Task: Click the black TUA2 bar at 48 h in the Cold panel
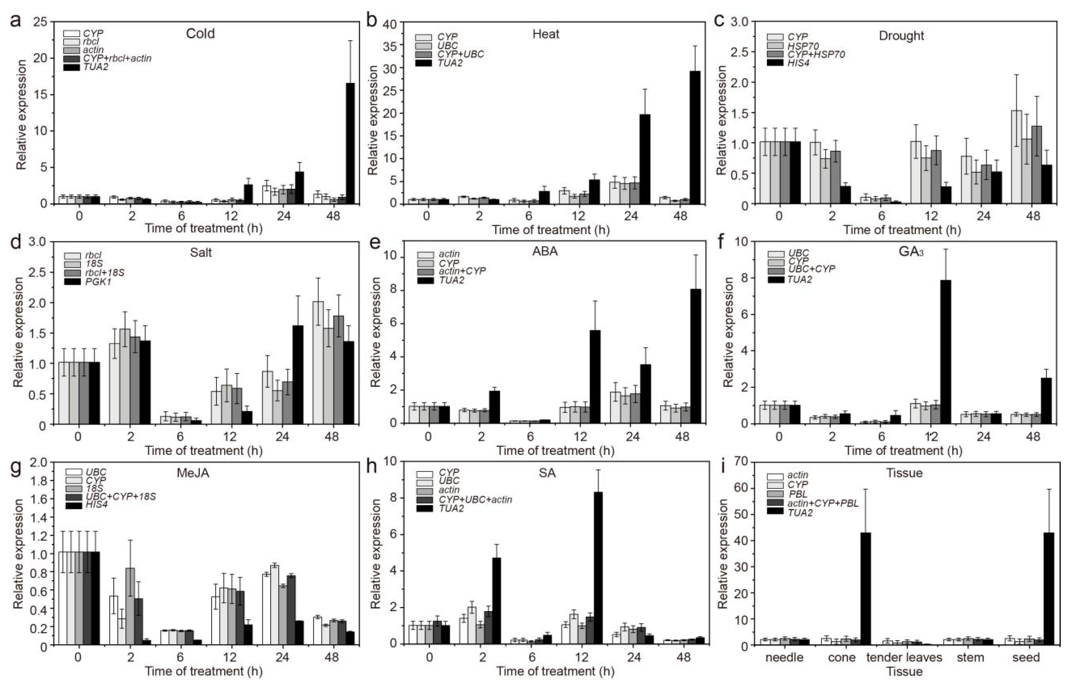coord(351,143)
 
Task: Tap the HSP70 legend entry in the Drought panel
coord(803,46)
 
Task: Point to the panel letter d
coord(16,243)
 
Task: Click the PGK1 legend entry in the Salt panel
coord(98,282)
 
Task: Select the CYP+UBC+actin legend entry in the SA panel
coord(475,499)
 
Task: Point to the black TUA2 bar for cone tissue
coord(866,589)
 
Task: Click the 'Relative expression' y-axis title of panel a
coord(21,115)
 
